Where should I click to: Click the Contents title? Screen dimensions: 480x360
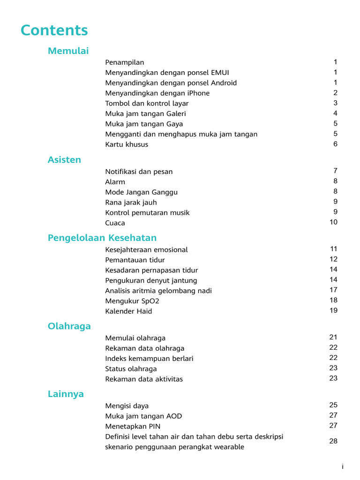pos(54,30)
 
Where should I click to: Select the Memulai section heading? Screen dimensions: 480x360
pos(68,51)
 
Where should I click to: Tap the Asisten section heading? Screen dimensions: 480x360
pos(64,160)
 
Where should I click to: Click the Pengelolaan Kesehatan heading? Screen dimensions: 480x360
pos(102,238)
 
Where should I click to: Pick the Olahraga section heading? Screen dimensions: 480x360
pos(69,326)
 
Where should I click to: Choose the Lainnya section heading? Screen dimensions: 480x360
pos(66,394)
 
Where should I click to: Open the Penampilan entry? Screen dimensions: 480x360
pos(125,62)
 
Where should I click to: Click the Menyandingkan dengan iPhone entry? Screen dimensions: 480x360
pos(157,93)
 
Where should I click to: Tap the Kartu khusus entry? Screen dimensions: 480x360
pos(127,144)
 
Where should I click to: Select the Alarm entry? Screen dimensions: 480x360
pos(115,182)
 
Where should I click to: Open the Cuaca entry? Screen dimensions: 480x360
pos(115,223)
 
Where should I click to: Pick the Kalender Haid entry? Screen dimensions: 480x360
pos(128,311)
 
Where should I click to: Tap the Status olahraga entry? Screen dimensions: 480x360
pos(131,369)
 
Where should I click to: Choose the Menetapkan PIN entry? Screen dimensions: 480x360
pos(133,427)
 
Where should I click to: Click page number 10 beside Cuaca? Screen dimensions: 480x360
pos(333,222)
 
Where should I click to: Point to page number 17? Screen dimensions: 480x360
pos(333,290)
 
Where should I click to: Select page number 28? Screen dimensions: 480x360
pos(333,441)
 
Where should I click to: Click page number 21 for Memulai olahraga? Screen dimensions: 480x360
pos(333,337)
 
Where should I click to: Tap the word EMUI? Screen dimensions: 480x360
pos(220,73)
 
